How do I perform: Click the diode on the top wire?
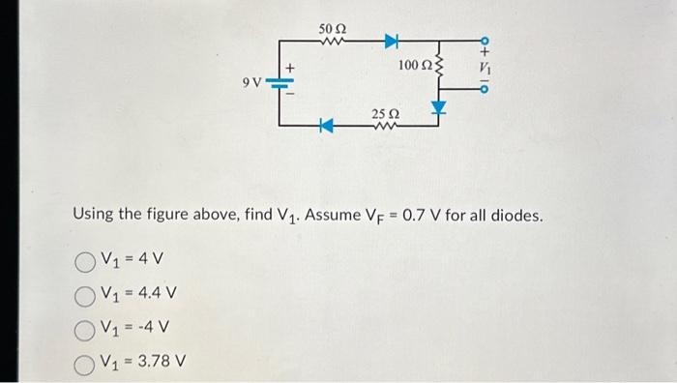click(393, 40)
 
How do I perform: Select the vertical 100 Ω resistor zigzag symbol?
click(442, 66)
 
